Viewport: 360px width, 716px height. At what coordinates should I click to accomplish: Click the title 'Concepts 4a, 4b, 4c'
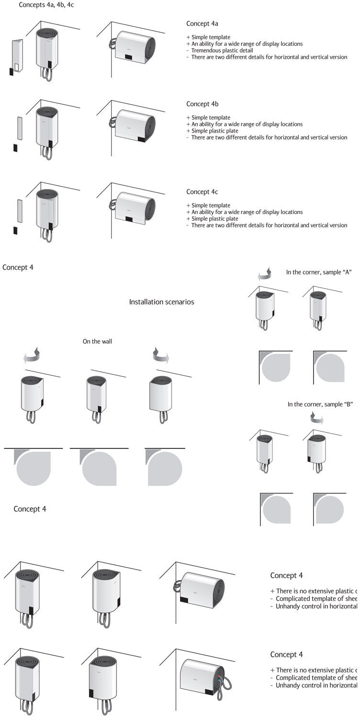pyautogui.click(x=46, y=5)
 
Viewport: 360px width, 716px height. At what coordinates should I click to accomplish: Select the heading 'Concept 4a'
pyautogui.click(x=202, y=23)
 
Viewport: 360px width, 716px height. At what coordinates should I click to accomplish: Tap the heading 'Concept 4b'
pyautogui.click(x=202, y=104)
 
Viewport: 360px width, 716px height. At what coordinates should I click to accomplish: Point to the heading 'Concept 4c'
pyautogui.click(x=202, y=192)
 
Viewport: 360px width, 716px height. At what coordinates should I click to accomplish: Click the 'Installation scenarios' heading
pyautogui.click(x=161, y=302)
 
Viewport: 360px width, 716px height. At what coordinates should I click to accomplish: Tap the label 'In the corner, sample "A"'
pyautogui.click(x=319, y=272)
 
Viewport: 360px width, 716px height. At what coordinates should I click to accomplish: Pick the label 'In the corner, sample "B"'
pyautogui.click(x=320, y=404)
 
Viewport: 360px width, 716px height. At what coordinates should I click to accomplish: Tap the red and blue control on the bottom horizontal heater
pyautogui.click(x=219, y=680)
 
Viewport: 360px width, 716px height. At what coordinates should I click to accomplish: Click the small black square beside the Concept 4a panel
pyautogui.click(x=11, y=71)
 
